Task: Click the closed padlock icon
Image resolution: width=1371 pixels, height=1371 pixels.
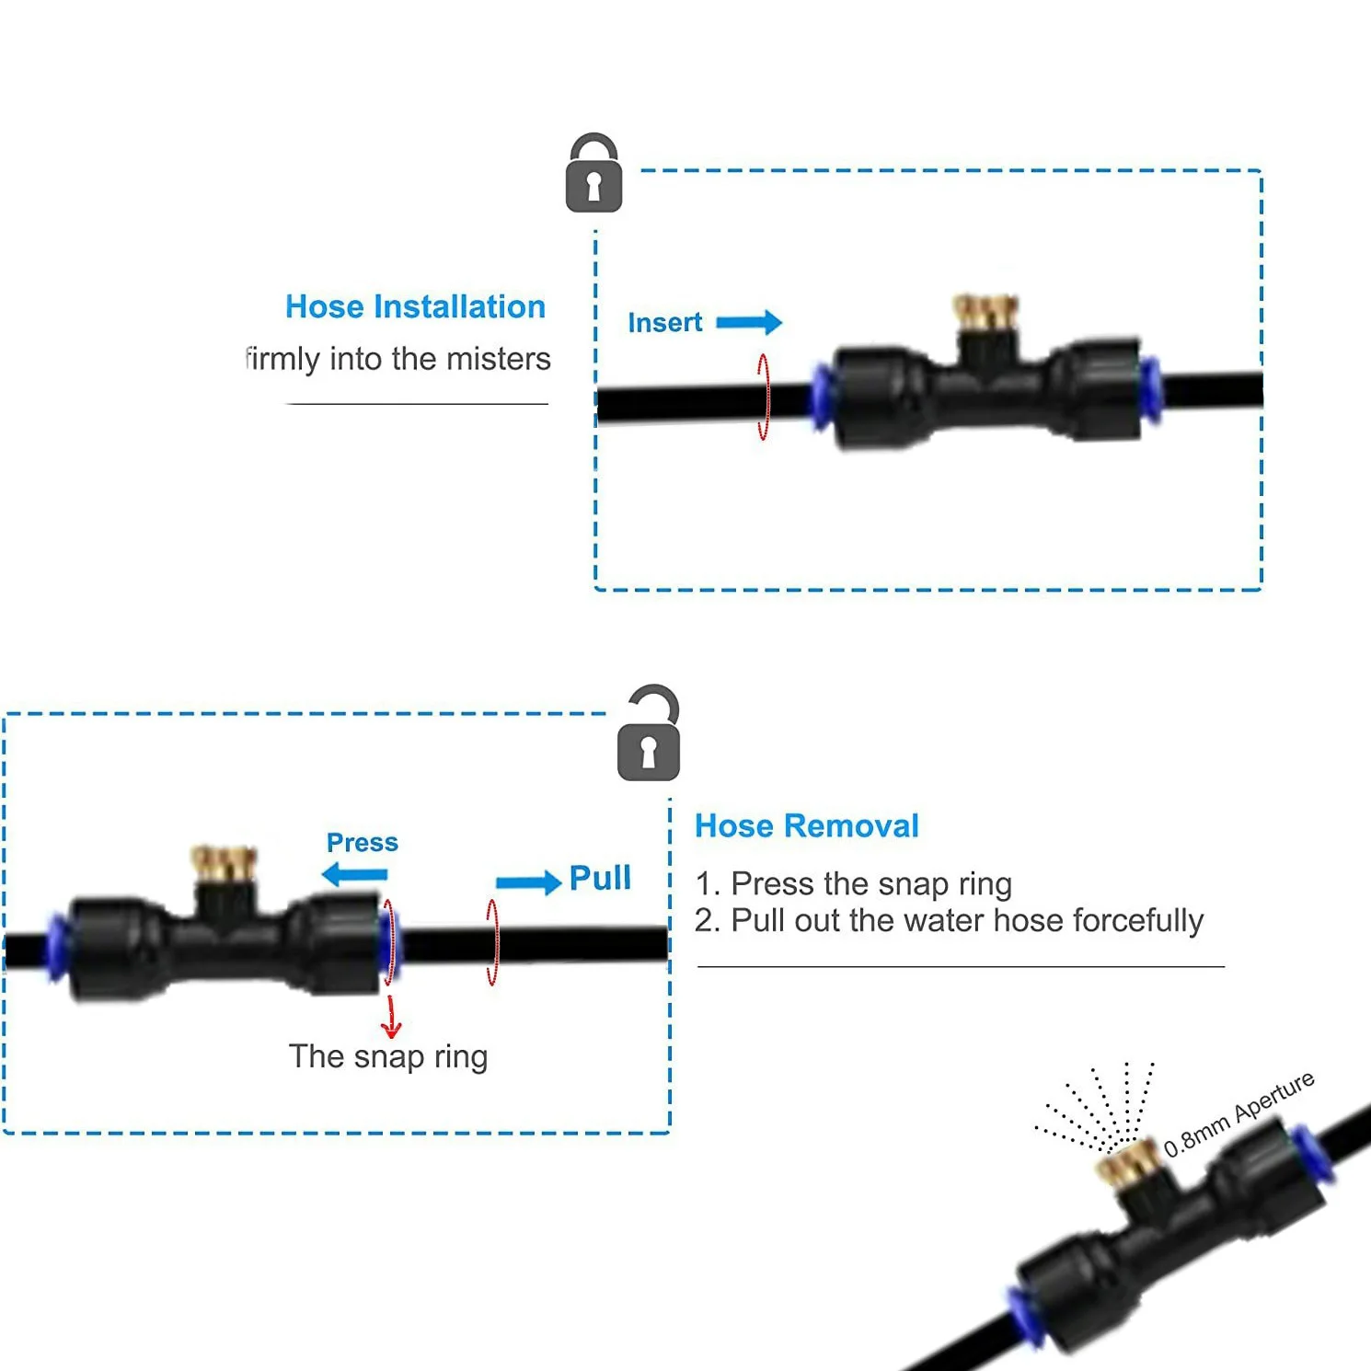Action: pyautogui.click(x=593, y=175)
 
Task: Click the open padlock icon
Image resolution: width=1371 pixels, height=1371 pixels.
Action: pyautogui.click(x=649, y=735)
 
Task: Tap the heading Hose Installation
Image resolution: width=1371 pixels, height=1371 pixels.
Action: pyautogui.click(x=415, y=306)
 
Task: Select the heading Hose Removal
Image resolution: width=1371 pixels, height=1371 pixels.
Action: pyautogui.click(x=806, y=825)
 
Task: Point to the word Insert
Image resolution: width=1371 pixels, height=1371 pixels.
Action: pyautogui.click(x=664, y=323)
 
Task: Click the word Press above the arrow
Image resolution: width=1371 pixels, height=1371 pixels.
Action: pyautogui.click(x=363, y=842)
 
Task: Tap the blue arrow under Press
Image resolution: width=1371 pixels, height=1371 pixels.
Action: pyautogui.click(x=355, y=874)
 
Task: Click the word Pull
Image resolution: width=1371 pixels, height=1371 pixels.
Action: pyautogui.click(x=600, y=878)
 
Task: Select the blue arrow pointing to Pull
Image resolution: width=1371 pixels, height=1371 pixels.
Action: pyautogui.click(x=528, y=882)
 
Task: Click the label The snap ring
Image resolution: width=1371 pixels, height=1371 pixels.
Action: pyautogui.click(x=387, y=1056)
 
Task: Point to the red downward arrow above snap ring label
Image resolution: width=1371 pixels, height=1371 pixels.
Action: pyautogui.click(x=392, y=1017)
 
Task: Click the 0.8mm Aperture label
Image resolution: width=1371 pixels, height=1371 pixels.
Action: pyautogui.click(x=1239, y=1113)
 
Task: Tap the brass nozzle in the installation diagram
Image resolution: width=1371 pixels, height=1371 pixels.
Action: pyautogui.click(x=985, y=313)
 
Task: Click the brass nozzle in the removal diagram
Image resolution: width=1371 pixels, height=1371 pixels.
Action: pyautogui.click(x=224, y=863)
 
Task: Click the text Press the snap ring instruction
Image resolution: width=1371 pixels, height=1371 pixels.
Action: pyautogui.click(x=853, y=883)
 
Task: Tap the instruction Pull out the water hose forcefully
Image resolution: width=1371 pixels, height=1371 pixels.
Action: pyautogui.click(x=949, y=920)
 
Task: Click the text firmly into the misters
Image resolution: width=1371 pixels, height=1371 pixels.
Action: pyautogui.click(x=398, y=358)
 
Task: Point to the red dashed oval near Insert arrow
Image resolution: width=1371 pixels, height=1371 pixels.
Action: pyautogui.click(x=763, y=397)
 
